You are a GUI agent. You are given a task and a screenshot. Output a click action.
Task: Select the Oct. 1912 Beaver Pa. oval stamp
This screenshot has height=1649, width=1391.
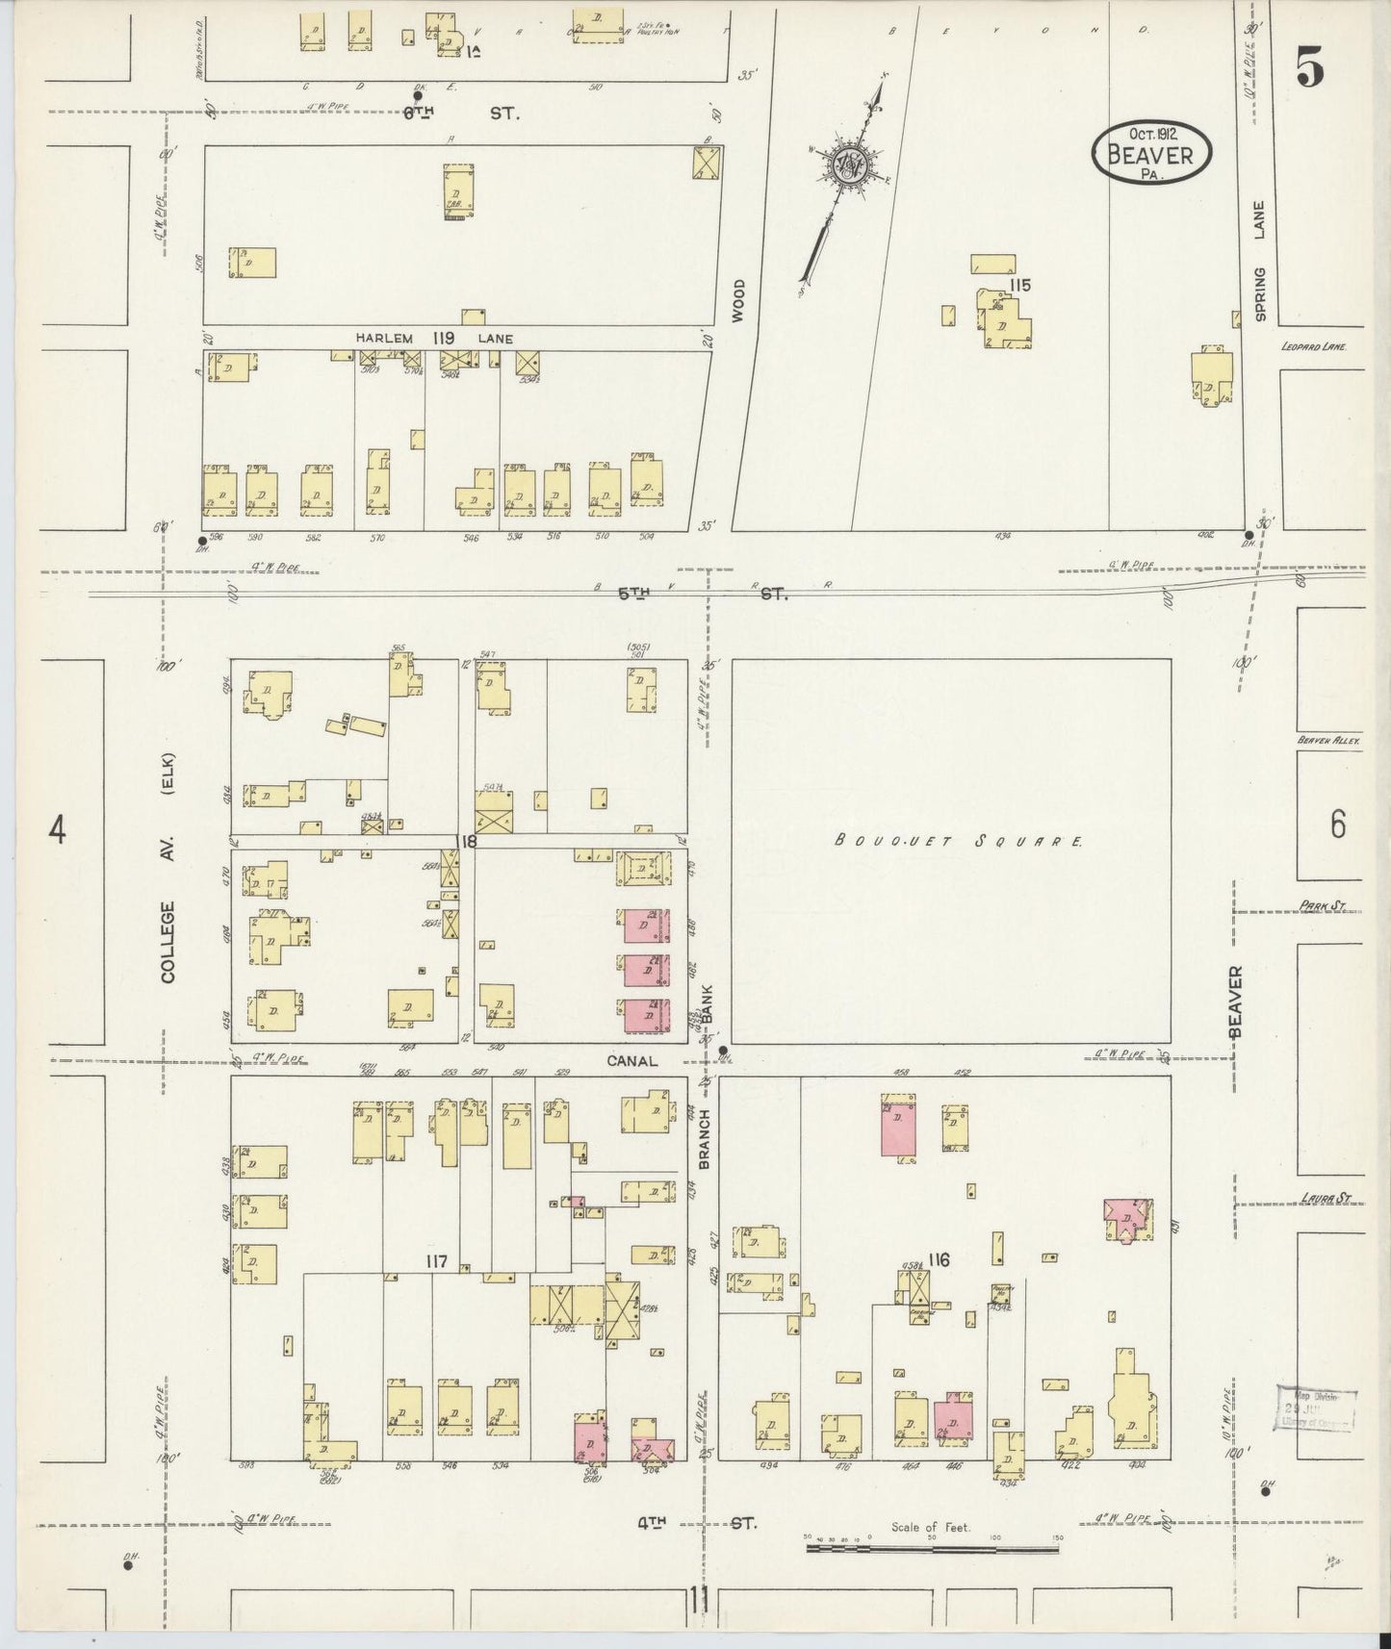tap(1151, 151)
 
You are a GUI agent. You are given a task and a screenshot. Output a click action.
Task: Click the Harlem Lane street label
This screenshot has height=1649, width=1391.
tap(433, 339)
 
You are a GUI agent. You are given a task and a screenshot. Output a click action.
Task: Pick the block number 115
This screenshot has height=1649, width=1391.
tap(1020, 285)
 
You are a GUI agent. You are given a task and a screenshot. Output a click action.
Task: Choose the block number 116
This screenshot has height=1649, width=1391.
tap(940, 1260)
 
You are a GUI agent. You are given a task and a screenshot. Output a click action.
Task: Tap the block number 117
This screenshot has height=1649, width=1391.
tap(436, 1260)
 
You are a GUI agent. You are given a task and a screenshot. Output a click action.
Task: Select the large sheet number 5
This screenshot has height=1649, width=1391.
tap(1309, 68)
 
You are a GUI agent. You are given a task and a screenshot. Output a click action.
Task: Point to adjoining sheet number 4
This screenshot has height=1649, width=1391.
tap(58, 828)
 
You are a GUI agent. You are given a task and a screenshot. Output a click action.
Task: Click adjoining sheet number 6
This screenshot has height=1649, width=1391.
tap(1338, 825)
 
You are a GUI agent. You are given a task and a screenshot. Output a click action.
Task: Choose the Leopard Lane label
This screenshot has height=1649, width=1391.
tap(1312, 347)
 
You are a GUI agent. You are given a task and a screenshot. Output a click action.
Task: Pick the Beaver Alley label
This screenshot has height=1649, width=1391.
tap(1327, 741)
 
